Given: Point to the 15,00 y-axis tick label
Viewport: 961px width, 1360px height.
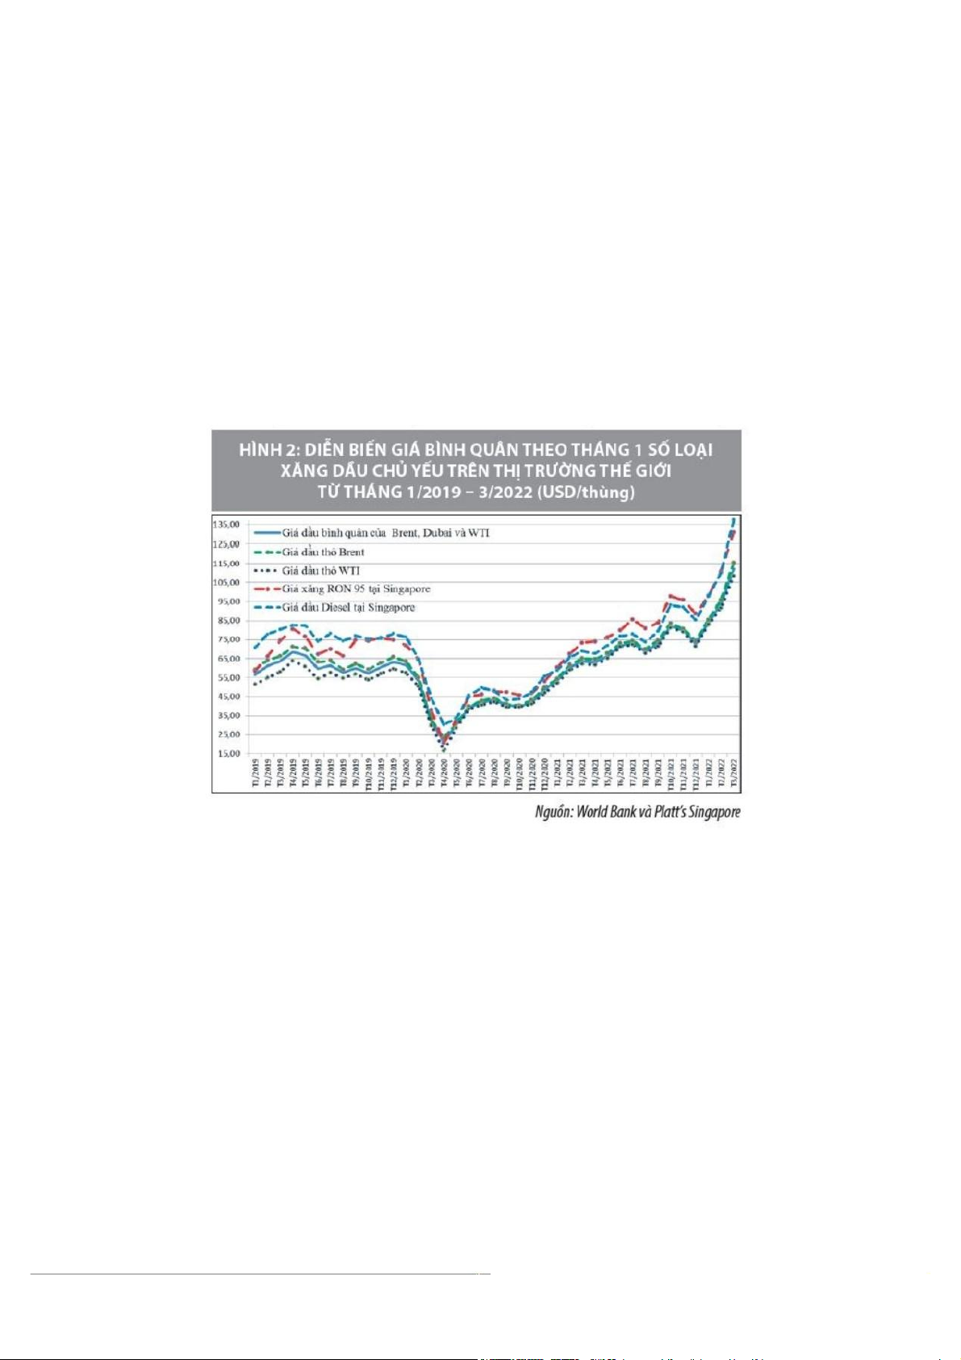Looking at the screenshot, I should [226, 754].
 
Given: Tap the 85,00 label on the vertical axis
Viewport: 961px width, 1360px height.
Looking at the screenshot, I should [226, 621].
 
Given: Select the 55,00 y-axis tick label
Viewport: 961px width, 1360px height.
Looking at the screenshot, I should [226, 678].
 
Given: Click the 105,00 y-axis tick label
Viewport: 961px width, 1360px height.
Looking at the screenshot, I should [226, 583].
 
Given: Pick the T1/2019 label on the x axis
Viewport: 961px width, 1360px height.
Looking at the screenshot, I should [256, 773].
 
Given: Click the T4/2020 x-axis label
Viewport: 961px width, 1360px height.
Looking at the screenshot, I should [444, 773].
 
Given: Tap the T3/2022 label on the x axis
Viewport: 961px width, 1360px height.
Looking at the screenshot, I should [733, 773].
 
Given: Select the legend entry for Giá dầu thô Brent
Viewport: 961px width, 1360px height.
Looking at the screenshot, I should [323, 552].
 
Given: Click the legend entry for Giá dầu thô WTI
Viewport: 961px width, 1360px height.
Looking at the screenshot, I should [320, 571].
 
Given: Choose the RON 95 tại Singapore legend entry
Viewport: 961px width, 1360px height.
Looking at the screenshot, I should [356, 589].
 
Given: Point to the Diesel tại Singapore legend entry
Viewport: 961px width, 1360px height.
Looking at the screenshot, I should [348, 608].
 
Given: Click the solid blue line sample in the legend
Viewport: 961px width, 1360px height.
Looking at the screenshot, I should [267, 533].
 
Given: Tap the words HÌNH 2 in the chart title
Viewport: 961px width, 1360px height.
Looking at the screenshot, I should [271, 450].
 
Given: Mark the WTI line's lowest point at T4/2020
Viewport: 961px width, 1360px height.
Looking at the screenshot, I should [444, 751].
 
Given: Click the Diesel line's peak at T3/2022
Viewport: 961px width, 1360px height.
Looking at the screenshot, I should [733, 518].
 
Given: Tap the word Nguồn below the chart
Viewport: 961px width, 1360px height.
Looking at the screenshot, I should [554, 812].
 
